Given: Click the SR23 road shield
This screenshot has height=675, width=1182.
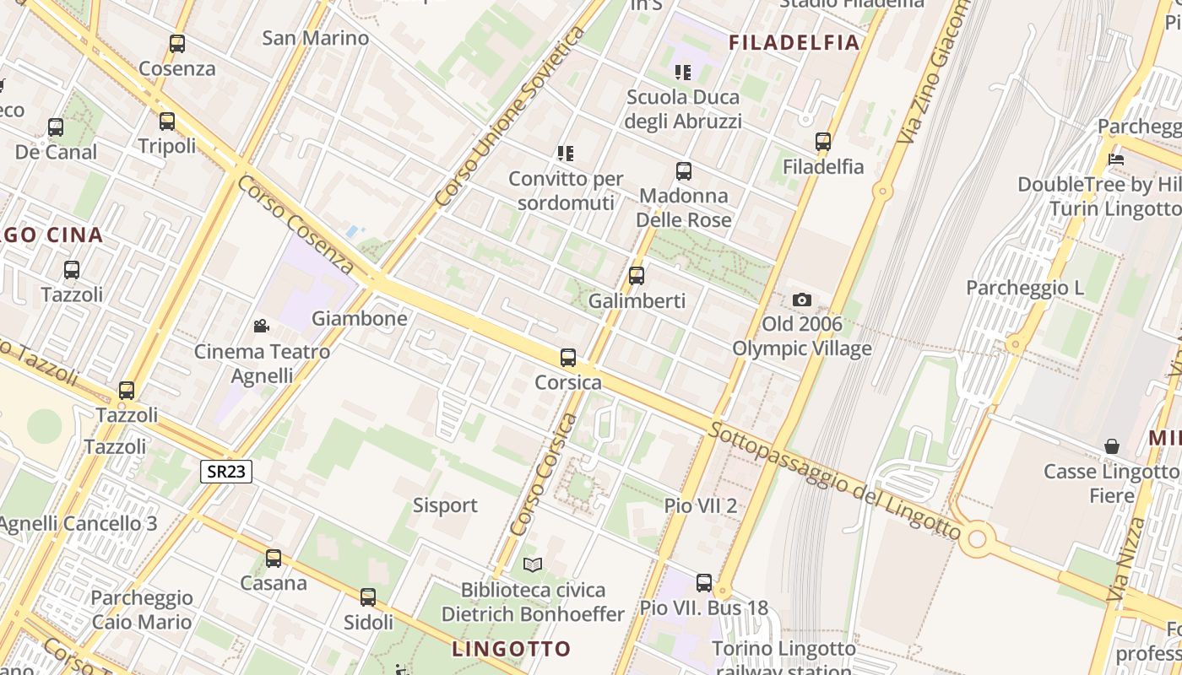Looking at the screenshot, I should click(x=227, y=471).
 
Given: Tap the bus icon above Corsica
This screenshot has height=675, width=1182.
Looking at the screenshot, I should click(x=568, y=358).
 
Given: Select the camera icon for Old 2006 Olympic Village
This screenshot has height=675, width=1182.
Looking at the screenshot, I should click(x=802, y=300).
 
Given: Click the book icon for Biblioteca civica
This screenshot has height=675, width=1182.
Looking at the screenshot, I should click(x=532, y=564).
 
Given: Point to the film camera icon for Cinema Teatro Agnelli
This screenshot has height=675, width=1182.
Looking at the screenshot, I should click(x=262, y=326).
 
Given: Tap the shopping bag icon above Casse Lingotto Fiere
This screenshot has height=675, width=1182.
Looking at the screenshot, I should click(x=1112, y=446).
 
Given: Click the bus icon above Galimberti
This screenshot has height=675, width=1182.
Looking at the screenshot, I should click(x=637, y=276).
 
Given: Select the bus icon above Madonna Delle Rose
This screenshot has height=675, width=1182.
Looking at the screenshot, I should click(x=684, y=171).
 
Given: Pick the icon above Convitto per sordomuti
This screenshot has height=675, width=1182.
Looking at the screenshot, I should click(x=566, y=154).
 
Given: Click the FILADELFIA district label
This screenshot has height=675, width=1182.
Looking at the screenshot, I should click(x=794, y=42).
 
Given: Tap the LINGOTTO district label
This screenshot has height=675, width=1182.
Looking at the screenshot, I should click(x=512, y=649).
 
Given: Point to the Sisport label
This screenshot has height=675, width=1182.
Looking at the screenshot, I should click(x=445, y=505).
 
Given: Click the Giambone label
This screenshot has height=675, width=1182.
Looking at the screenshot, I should click(x=360, y=319).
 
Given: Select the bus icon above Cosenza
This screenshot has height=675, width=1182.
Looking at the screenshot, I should click(x=177, y=44).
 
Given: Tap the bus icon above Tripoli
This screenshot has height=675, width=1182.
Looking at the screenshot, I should click(x=167, y=121).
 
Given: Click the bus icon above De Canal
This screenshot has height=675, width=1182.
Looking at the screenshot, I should click(x=56, y=127).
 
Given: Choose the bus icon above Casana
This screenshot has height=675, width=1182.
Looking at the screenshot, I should click(x=274, y=559).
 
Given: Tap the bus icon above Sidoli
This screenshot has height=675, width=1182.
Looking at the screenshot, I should click(x=368, y=597).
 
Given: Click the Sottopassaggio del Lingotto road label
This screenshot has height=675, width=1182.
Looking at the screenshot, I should click(x=834, y=482).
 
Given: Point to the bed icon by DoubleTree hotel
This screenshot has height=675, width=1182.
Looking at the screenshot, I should click(x=1116, y=159).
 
